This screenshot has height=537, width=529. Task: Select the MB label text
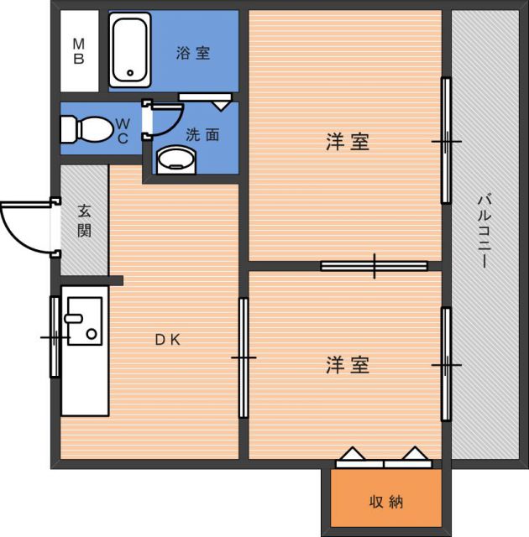[x=78, y=51]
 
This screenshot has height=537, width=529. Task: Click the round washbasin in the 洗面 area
[x=175, y=159]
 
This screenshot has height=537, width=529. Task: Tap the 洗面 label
[x=202, y=134]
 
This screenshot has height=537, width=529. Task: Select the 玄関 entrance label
[x=84, y=220]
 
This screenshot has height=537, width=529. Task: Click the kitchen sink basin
[x=83, y=321]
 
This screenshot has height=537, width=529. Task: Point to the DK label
[x=166, y=340]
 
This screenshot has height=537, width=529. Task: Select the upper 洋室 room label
[x=348, y=142]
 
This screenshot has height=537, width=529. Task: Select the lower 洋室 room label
[x=348, y=366]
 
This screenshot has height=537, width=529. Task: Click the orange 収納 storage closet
[x=385, y=502]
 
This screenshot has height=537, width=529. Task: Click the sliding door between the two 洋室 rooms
[x=374, y=266]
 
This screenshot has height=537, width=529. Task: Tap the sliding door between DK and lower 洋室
[x=244, y=357]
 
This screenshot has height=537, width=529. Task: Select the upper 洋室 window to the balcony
[x=447, y=141]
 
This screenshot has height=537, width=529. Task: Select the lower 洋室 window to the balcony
[x=447, y=364]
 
